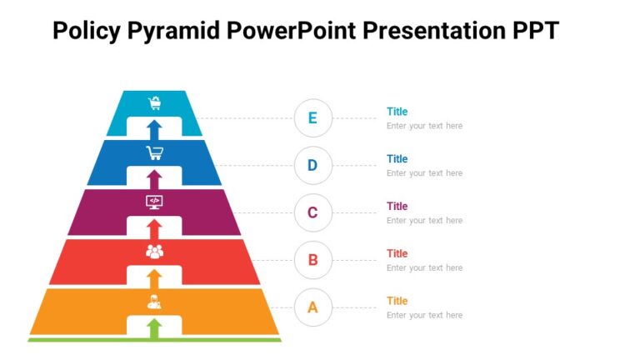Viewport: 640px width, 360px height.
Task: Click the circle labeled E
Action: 312,117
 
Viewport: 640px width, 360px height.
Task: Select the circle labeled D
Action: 312,165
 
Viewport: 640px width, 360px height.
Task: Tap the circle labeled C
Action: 312,212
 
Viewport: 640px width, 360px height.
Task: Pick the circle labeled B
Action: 312,260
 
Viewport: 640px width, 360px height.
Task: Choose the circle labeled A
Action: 312,307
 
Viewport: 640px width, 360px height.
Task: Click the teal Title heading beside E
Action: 397,112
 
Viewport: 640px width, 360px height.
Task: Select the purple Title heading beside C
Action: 397,206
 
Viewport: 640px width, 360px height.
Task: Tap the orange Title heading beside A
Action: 397,301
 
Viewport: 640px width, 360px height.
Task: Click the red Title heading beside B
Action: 397,253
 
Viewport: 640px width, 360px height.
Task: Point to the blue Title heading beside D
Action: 397,158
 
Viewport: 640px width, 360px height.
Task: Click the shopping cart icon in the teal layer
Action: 154,103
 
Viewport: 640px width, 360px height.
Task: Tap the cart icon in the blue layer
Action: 154,152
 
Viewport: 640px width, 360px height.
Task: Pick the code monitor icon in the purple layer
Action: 154,202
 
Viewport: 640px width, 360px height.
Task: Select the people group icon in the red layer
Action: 154,251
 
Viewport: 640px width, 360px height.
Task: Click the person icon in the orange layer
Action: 154,301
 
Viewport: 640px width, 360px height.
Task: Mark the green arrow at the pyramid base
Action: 154,328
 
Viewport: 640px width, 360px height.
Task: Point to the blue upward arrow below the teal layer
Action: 154,129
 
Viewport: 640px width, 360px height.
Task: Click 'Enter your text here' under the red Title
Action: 424,268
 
